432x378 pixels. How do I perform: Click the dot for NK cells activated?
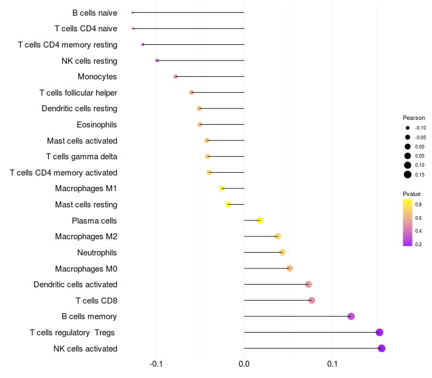(381, 348)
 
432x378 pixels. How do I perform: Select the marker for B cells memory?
(351, 316)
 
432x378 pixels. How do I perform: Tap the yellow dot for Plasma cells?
(260, 220)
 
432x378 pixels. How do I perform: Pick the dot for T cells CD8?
(312, 300)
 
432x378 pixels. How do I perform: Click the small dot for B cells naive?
(132, 12)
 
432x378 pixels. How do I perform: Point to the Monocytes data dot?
(175, 77)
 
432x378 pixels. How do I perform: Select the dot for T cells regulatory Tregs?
(380, 332)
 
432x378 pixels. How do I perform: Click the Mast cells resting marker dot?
(228, 205)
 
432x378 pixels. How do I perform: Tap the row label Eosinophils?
(97, 125)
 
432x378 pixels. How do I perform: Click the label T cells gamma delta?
(82, 157)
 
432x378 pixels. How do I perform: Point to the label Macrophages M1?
(86, 188)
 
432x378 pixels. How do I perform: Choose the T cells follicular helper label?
(78, 93)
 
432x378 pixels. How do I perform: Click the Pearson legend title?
(414, 118)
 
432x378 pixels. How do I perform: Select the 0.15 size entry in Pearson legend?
(408, 174)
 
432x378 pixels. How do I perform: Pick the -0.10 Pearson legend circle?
(408, 128)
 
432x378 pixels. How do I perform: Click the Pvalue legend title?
(411, 194)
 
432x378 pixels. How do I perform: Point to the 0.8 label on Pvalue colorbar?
(418, 205)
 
